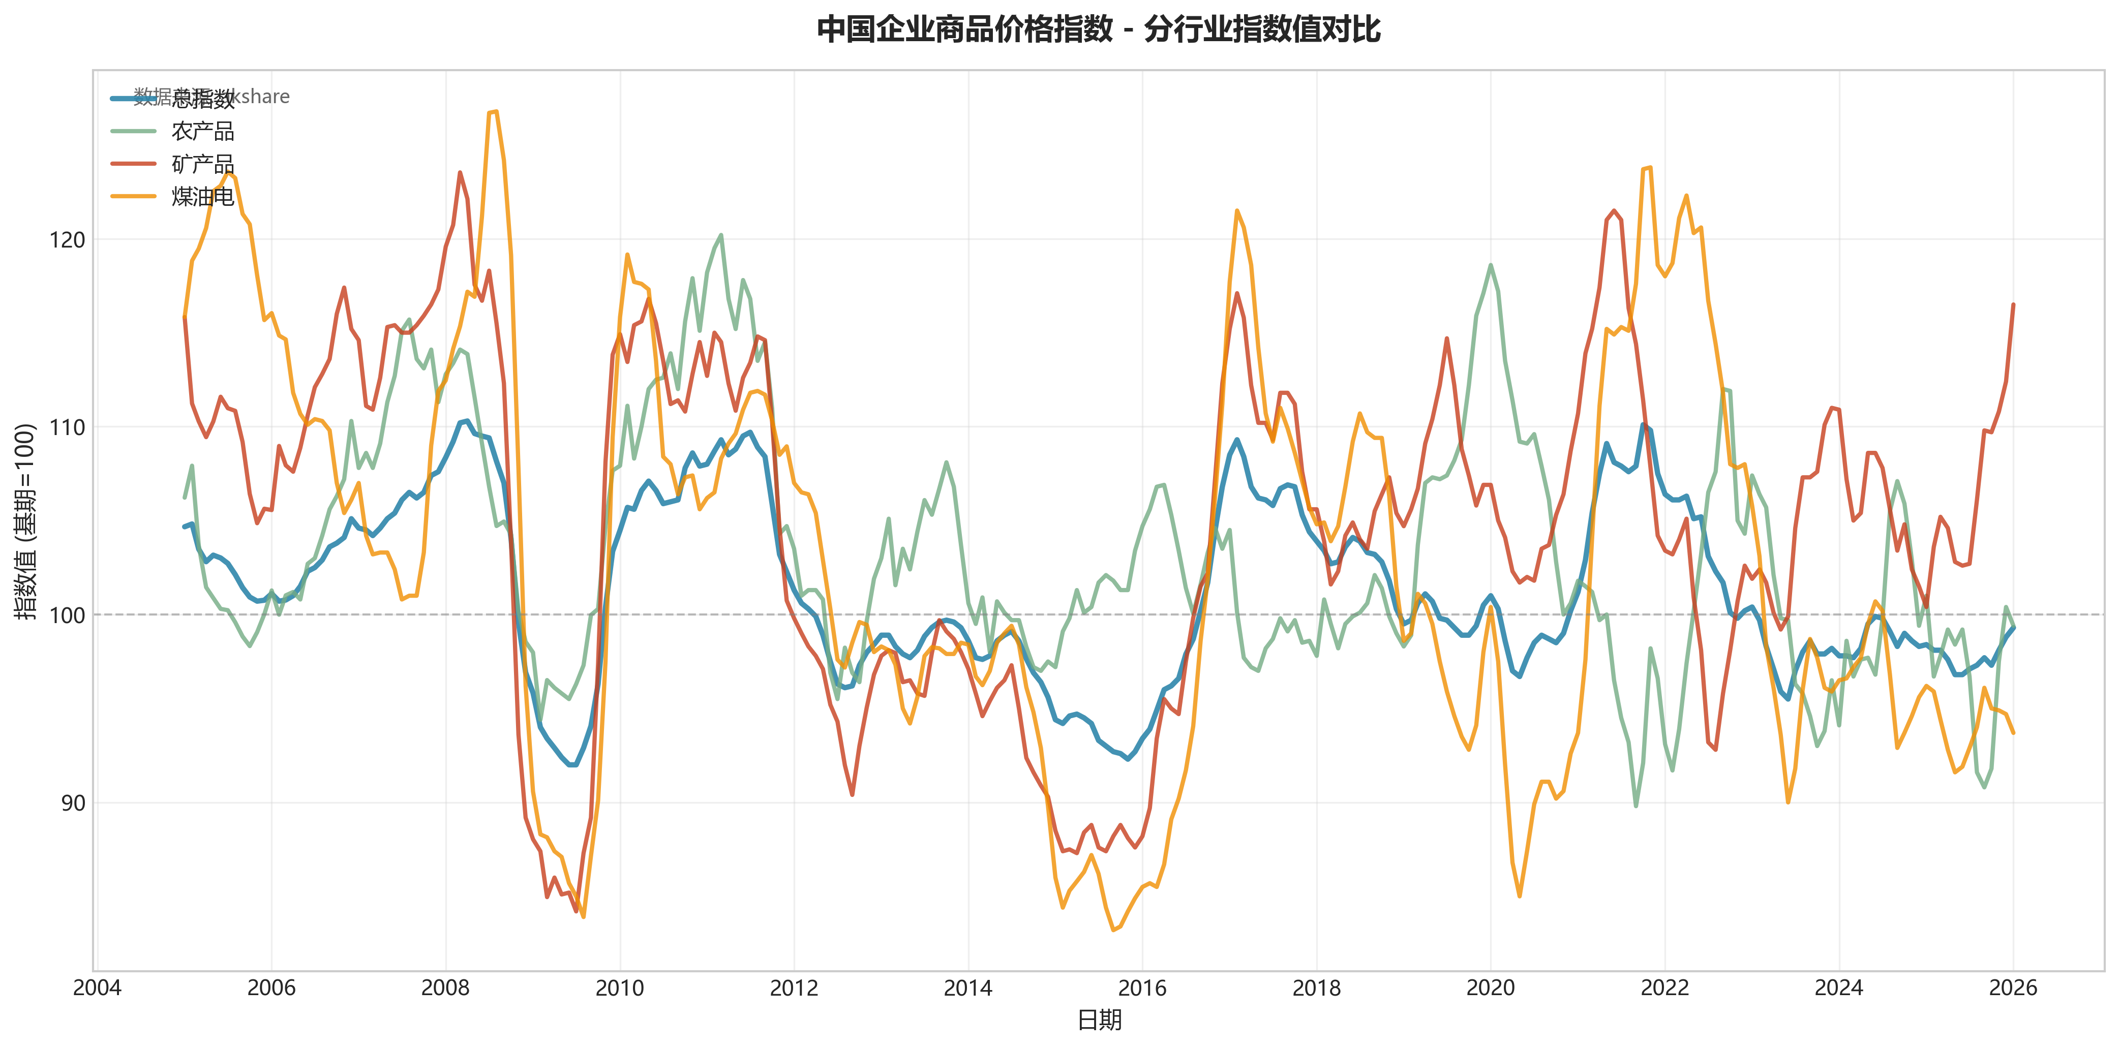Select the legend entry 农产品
202,131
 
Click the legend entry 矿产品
202,164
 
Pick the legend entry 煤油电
202,197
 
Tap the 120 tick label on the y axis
68,240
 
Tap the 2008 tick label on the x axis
445,988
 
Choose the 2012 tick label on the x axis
794,988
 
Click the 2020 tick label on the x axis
1491,988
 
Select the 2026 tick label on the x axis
2013,988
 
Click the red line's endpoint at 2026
2013,304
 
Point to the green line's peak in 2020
1491,265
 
